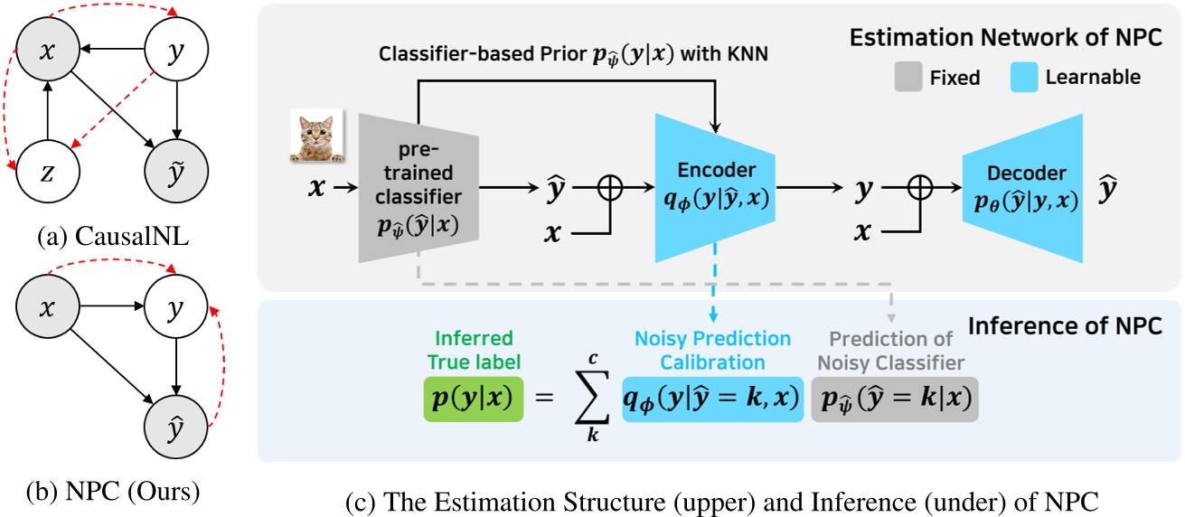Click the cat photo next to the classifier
coord(316,136)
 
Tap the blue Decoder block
coord(1021,187)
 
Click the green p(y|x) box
coord(473,399)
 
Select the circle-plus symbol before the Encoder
coord(612,189)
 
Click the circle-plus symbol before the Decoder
coord(919,189)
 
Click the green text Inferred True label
coord(474,349)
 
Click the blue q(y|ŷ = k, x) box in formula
coord(712,399)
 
